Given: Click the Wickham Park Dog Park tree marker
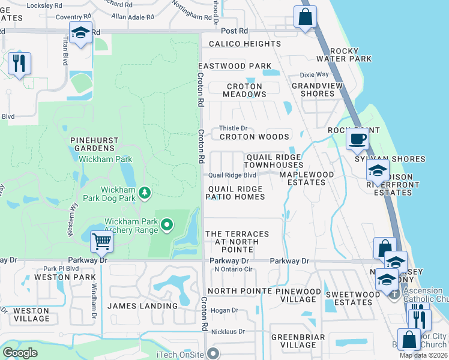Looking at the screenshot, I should tap(144, 193).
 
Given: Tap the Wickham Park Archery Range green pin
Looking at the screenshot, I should tap(167, 226).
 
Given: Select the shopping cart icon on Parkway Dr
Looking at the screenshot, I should tap(101, 242).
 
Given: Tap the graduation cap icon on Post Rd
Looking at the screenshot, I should tap(79, 34).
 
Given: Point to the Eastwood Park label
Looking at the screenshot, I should tap(235, 65).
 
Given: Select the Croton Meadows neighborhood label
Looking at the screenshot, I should tap(244, 90).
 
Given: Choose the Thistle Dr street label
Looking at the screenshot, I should tap(233, 128).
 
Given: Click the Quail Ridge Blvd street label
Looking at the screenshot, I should tap(232, 175).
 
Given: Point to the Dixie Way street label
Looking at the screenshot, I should tap(315, 75).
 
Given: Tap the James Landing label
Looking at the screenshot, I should tap(142, 306).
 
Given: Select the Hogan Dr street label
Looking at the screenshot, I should tap(224, 311).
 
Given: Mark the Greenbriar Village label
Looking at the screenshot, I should tap(294, 341).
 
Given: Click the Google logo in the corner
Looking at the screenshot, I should tap(20, 353).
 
